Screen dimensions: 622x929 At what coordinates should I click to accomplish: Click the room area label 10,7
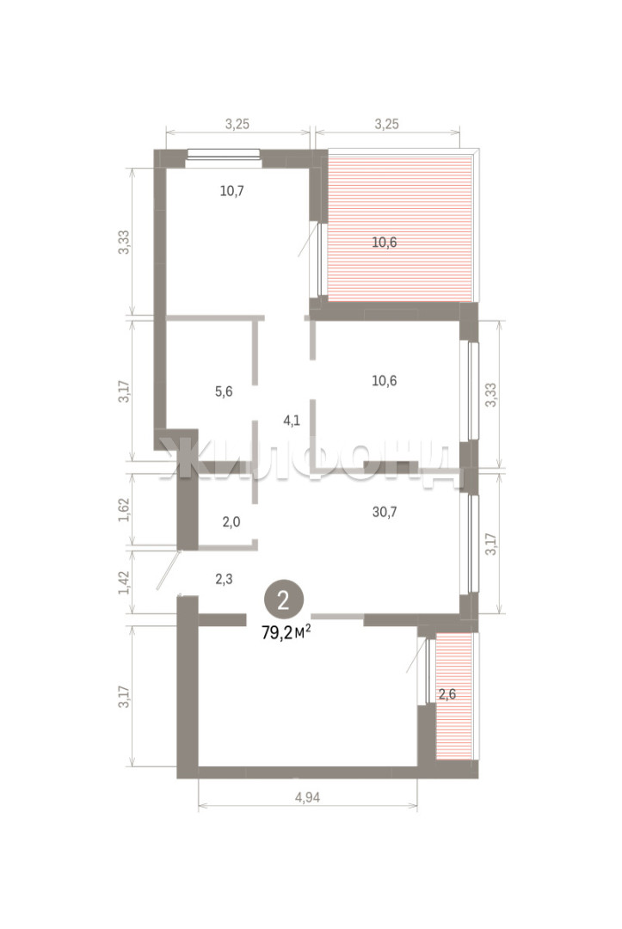232,191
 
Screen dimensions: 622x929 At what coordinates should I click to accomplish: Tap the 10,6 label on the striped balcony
384,242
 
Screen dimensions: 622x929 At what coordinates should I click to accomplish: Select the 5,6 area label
224,391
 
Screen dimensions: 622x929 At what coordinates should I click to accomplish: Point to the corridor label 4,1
292,421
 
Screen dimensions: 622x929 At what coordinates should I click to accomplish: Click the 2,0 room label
231,522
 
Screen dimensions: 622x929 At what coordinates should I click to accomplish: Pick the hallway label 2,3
224,579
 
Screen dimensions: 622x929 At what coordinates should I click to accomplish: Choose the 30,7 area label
385,511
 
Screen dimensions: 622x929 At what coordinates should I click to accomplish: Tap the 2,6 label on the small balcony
447,694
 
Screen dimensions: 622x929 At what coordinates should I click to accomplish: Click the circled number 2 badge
284,600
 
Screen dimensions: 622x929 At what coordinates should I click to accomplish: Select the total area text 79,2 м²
286,633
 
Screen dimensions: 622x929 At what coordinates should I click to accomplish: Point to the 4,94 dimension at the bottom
307,797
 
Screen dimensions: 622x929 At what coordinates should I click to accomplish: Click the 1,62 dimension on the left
123,509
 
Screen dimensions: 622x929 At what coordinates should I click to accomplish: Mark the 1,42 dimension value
123,582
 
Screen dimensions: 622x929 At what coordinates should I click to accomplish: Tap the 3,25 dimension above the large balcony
387,124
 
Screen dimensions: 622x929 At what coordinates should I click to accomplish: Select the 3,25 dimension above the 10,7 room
237,124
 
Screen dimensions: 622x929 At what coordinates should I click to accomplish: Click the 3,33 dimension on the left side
123,242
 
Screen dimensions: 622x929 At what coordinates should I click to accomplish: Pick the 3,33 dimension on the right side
491,394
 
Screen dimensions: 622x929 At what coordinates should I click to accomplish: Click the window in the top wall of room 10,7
224,154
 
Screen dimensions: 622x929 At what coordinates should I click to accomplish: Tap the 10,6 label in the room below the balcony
384,380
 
